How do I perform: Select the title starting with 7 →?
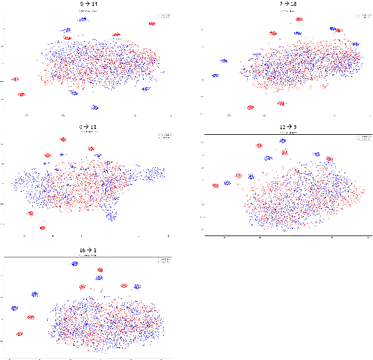click(x=279, y=5)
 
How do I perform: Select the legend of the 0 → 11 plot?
click(x=163, y=135)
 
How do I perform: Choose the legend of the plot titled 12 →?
click(x=362, y=138)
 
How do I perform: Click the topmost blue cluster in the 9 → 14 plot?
click(x=83, y=19)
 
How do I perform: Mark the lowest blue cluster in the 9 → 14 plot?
click(x=95, y=107)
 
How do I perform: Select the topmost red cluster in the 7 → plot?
click(x=299, y=19)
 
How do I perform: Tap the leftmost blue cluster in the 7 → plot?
click(x=215, y=75)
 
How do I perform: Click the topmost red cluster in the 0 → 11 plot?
click(x=63, y=139)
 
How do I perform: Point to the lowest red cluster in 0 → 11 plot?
click(x=42, y=227)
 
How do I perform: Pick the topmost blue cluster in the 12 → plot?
click(x=282, y=140)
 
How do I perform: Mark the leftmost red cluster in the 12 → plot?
click(x=216, y=186)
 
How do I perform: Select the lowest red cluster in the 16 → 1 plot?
click(x=19, y=334)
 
